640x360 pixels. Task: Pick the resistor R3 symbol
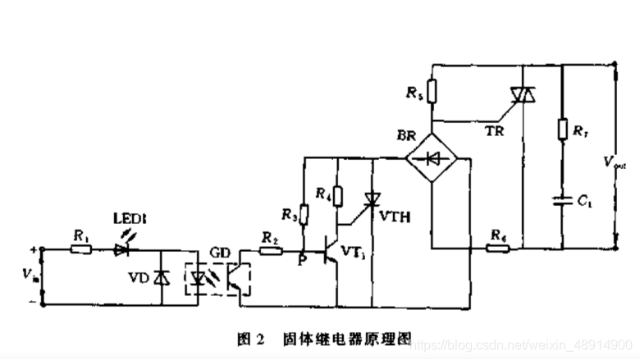[x=304, y=215]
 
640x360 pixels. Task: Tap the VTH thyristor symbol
[x=373, y=198]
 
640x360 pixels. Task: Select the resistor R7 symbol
[x=563, y=129]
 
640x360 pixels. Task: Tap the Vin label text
[x=30, y=275]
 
